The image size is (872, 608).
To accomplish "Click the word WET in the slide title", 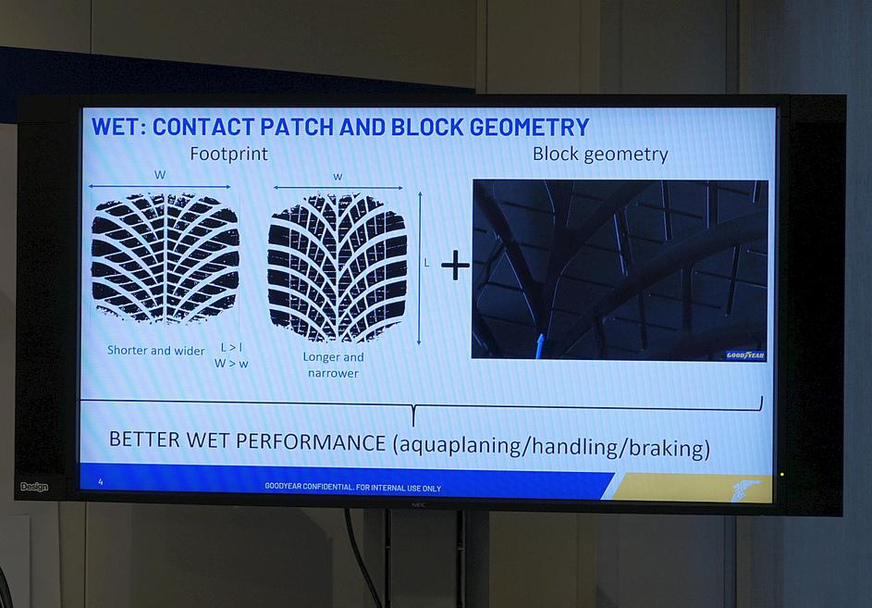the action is click(115, 127).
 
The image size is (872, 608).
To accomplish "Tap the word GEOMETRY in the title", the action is click(529, 127).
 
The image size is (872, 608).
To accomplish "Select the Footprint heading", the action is click(228, 154).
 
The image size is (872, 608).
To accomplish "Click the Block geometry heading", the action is click(600, 155).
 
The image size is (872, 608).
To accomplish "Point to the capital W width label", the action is click(160, 175).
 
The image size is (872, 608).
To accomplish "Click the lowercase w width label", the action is click(338, 177).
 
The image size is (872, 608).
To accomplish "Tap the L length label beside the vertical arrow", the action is click(426, 263).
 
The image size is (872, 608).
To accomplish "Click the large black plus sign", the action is click(455, 265).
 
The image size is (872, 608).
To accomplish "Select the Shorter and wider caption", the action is click(155, 350).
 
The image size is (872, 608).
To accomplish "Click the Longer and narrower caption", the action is click(333, 365).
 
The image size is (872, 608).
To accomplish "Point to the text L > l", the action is click(231, 347).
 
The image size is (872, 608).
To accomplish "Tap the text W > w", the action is click(231, 364).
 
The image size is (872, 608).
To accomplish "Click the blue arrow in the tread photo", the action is click(539, 346).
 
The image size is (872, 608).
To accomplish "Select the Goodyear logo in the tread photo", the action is click(745, 355).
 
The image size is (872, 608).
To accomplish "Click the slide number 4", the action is click(101, 481).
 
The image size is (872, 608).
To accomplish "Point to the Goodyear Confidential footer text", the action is click(352, 487).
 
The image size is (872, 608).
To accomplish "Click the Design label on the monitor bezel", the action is click(34, 487).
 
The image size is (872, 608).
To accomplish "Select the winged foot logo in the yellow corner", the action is click(745, 489).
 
